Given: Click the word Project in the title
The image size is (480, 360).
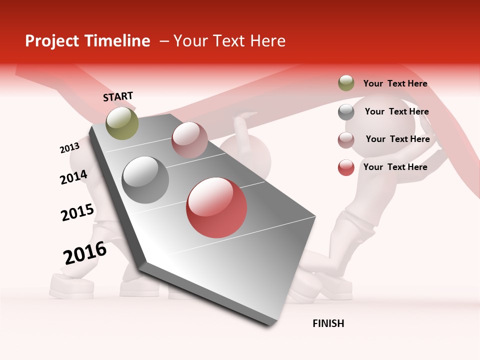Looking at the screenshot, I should [51, 41].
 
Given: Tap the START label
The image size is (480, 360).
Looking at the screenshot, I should [118, 96].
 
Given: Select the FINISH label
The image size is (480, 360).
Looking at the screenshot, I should [328, 323].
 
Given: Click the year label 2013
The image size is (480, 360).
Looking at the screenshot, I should [69, 148].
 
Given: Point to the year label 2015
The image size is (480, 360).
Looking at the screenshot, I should [77, 212].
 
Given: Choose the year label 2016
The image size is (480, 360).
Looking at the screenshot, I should [85, 252].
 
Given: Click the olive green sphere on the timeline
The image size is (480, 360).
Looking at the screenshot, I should [122, 123].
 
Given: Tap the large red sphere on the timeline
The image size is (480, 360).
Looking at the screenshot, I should [216, 207].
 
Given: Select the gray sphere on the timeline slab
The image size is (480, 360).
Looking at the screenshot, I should [145, 179].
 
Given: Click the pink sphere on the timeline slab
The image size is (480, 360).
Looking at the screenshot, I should [189, 139].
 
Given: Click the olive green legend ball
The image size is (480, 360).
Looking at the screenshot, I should [346, 83].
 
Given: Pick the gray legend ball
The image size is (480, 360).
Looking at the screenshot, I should [346, 112].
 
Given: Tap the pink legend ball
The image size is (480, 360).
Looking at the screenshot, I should [346, 139].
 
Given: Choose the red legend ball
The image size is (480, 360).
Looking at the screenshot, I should [346, 167].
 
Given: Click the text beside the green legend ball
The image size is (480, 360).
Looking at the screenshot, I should [395, 83].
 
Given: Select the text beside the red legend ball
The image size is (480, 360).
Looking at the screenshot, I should [395, 167].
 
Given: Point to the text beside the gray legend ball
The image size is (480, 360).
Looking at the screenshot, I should [396, 111].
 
